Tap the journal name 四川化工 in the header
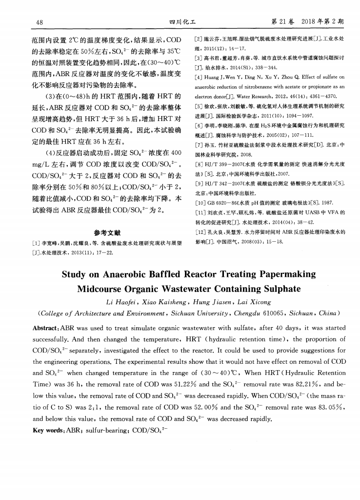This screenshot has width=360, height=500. point(179,22)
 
